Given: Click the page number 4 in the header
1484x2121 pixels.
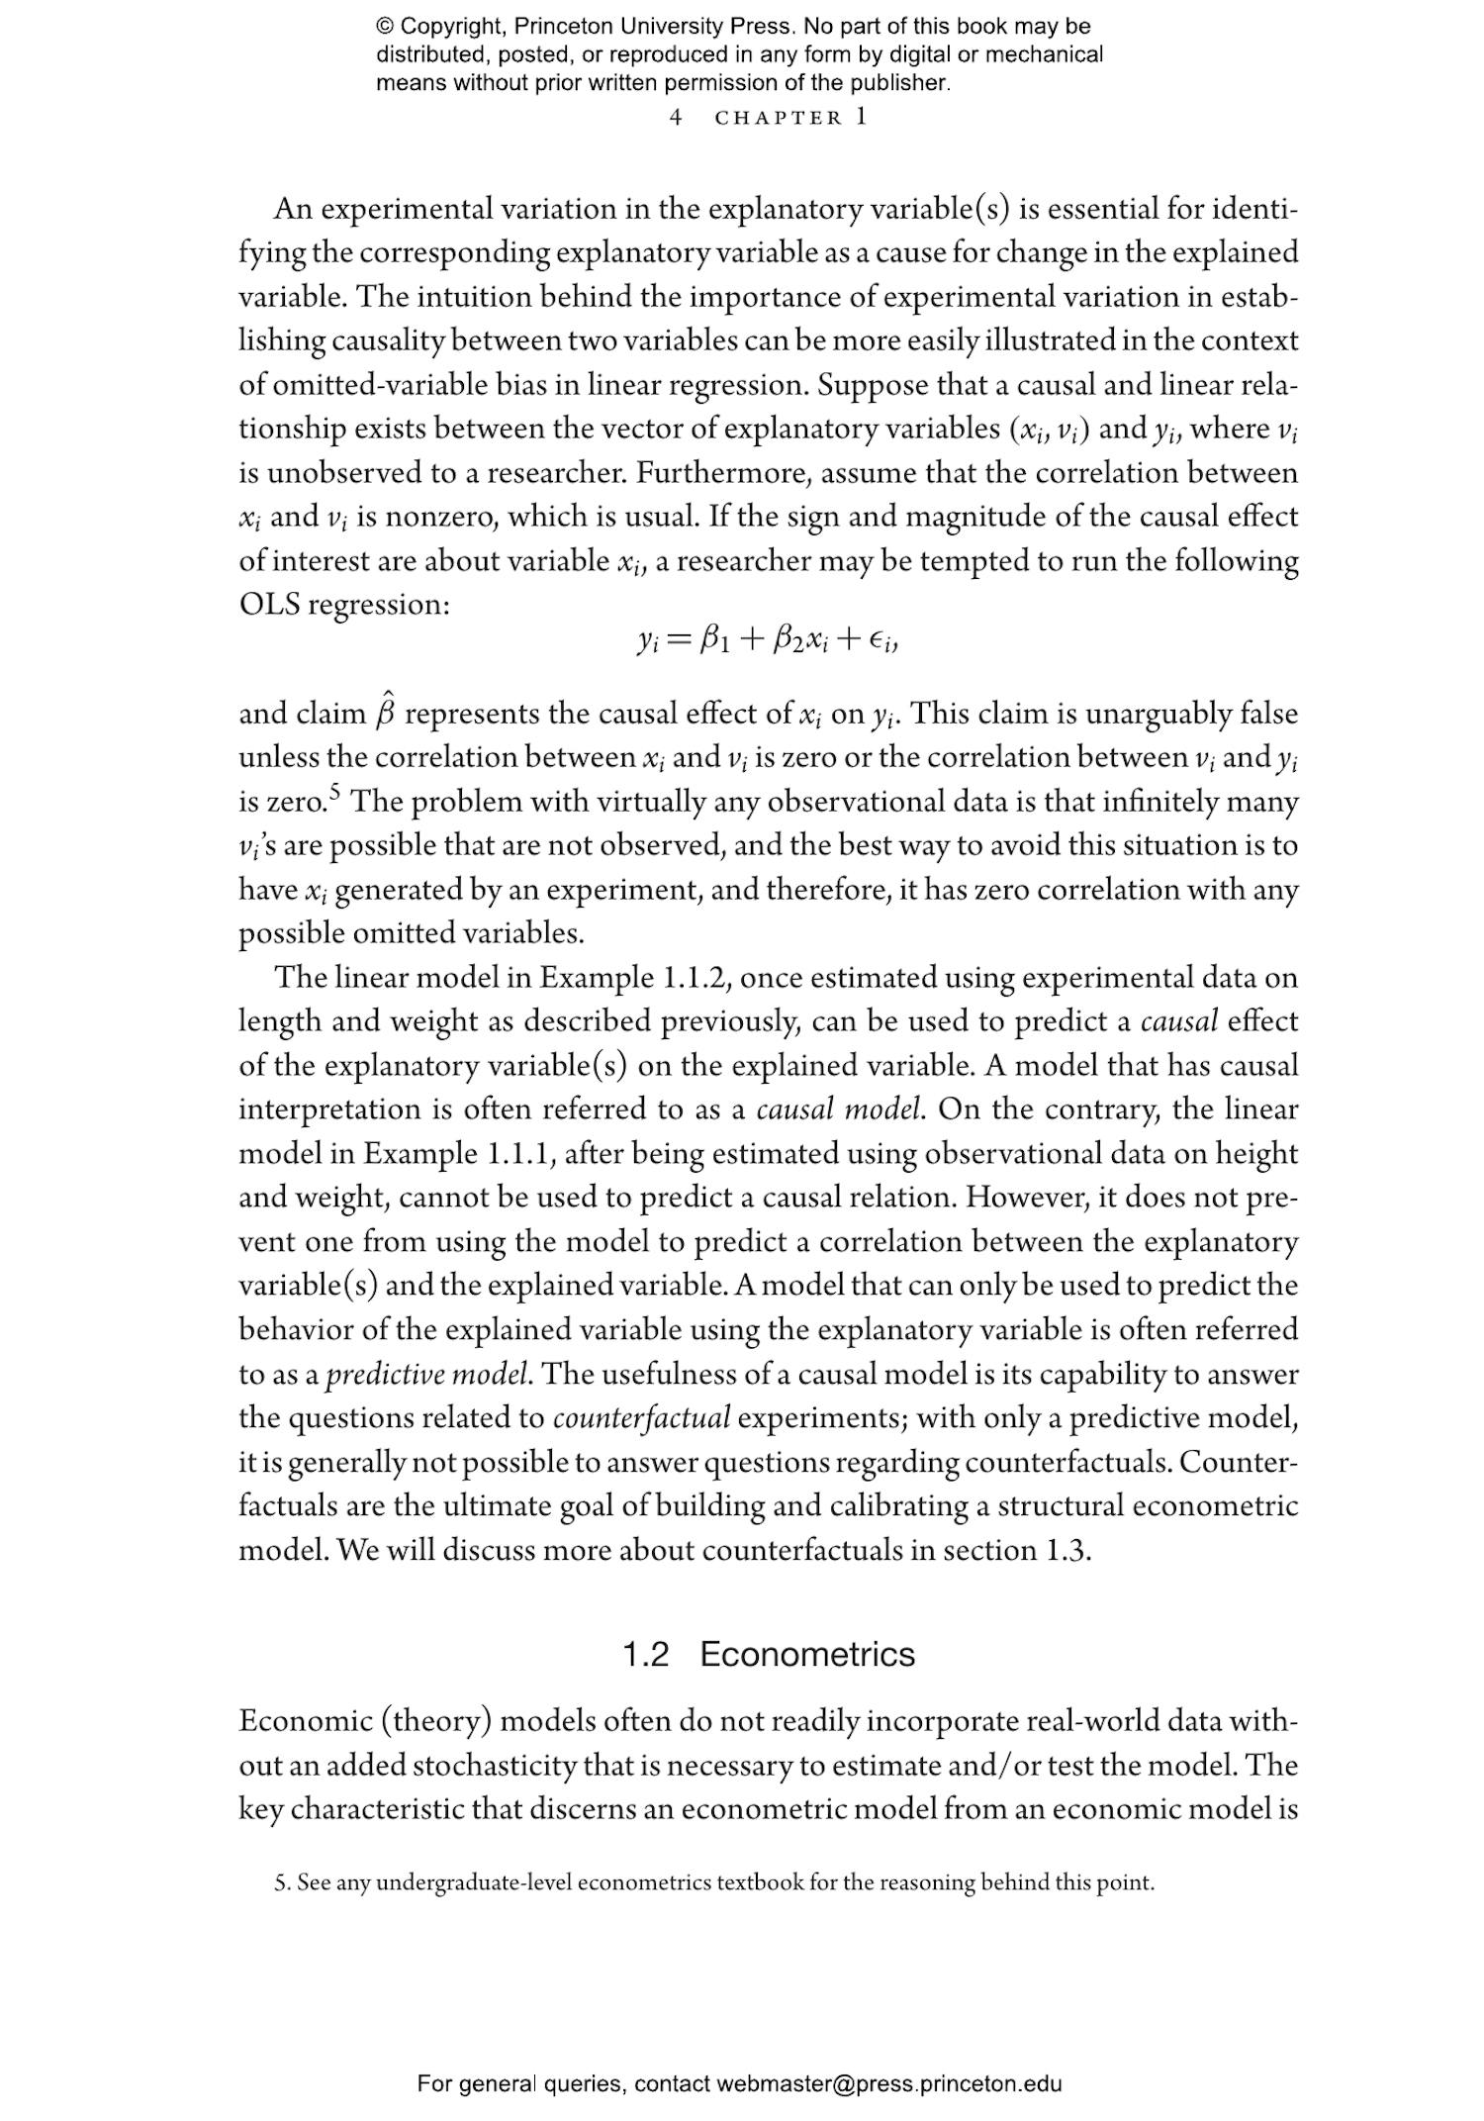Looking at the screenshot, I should point(676,118).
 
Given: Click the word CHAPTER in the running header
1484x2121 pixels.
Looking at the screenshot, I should point(779,118).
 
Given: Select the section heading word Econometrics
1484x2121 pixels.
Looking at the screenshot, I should point(807,1654).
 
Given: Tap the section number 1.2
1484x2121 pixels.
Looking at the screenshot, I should point(645,1654).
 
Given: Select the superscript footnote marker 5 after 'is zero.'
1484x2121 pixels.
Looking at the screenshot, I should point(335,792).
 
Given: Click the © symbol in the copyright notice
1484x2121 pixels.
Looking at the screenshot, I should point(386,27).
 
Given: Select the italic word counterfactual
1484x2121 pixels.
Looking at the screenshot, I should point(641,1419).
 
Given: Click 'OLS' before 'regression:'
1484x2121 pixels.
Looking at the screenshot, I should point(269,604).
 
